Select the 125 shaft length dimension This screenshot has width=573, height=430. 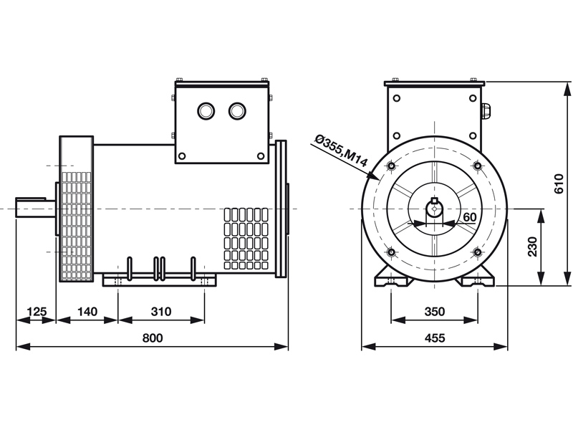click(36, 312)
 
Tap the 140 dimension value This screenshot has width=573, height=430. click(87, 312)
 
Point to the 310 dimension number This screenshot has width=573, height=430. click(161, 312)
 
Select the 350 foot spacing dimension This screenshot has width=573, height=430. click(434, 312)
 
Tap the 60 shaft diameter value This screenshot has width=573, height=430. click(470, 216)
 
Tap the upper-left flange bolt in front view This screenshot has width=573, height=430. click(390, 166)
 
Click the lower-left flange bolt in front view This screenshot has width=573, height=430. click(390, 252)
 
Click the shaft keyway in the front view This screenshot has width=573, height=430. click(434, 201)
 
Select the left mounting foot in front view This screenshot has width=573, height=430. click(391, 278)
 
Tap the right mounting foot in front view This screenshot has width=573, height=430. click(478, 278)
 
